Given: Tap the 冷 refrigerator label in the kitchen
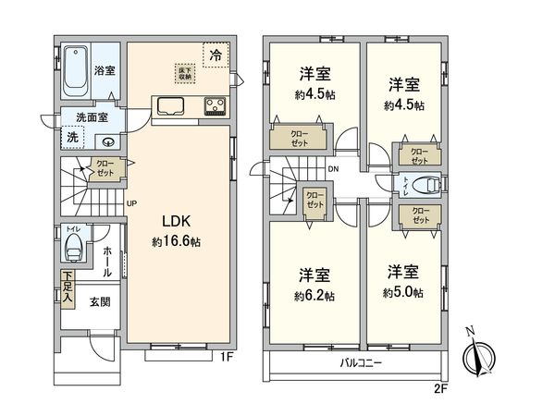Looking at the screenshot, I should (215, 55).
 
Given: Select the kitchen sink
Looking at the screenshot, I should (172, 105).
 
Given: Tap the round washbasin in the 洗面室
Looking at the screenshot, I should (110, 141).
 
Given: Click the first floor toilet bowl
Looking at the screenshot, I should (73, 249).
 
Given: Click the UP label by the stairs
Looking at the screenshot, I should (131, 204).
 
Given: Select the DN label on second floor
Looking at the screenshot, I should (332, 169).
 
